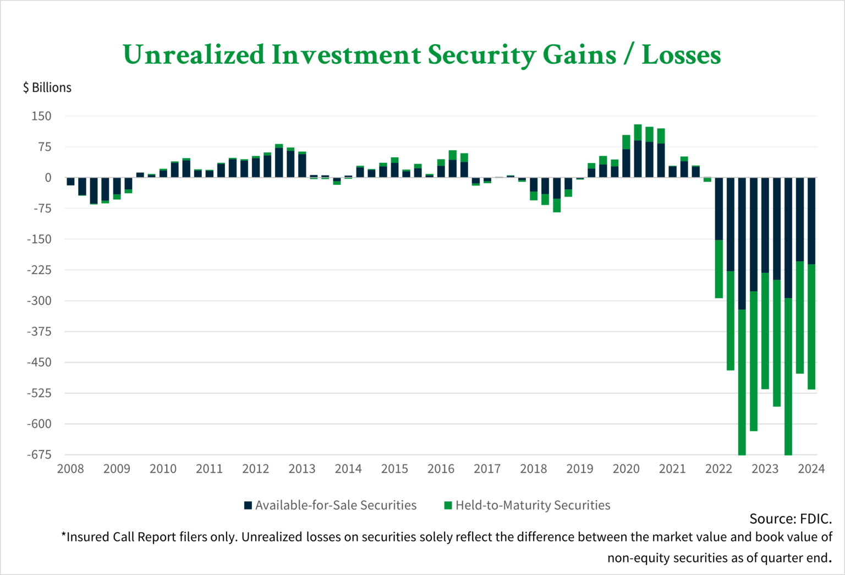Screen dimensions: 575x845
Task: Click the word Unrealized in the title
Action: pos(194,55)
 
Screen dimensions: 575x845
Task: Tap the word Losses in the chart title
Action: pos(681,55)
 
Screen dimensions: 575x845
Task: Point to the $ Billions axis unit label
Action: pos(47,88)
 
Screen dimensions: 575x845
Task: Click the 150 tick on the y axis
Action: pos(41,116)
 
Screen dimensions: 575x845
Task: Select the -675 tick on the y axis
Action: pos(39,454)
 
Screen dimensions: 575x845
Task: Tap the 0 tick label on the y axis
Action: pos(48,178)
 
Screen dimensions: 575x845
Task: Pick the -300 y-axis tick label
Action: pos(39,301)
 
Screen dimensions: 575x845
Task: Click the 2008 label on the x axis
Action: pos(70,469)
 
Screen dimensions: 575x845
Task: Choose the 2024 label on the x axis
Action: pos(811,469)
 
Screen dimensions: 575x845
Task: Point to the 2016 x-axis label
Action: pos(441,469)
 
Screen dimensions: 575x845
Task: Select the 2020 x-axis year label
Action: pos(626,469)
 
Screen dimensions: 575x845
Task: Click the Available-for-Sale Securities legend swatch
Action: pos(248,505)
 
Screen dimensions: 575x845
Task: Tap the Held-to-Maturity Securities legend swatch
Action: pos(448,505)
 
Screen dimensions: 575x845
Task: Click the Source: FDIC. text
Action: pos(790,519)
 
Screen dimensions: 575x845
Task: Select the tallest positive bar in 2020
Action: pos(638,151)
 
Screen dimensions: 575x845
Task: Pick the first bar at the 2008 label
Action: pos(70,182)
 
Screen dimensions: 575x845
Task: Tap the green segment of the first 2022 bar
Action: pos(718,269)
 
